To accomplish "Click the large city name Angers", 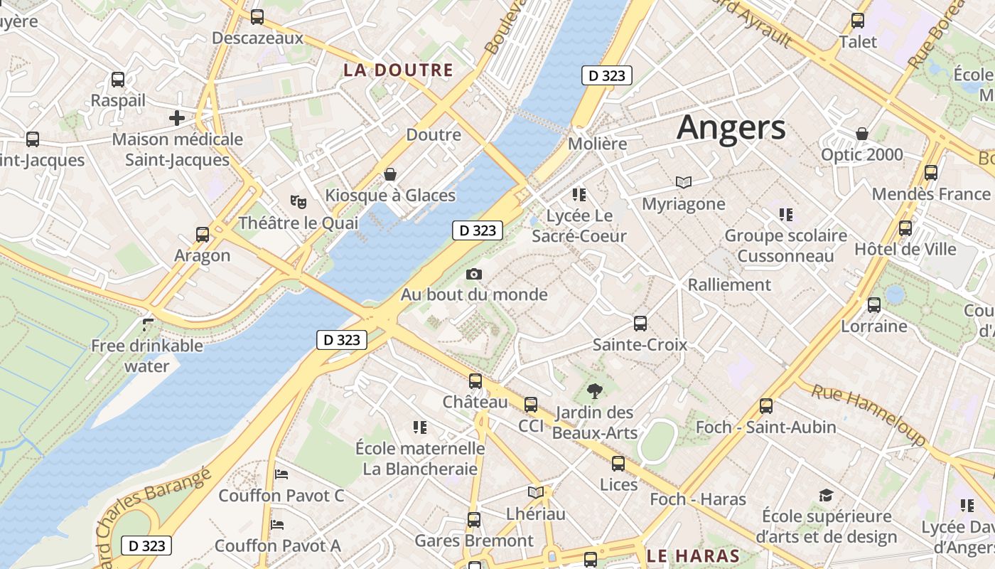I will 731,128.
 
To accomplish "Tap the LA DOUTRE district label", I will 398,70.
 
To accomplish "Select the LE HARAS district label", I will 693,555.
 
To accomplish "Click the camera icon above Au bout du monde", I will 474,274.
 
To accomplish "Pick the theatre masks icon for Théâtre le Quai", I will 298,202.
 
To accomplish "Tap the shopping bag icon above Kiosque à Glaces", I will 389,174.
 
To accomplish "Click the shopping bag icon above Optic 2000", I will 862,134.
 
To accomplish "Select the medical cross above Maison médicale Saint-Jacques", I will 177,117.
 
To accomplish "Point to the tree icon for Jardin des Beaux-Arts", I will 594,390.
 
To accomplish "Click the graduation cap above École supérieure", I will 826,495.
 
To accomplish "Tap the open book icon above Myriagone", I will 684,183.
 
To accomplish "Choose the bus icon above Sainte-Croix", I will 640,324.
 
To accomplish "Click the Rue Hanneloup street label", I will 869,414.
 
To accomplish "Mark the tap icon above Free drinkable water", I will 148,324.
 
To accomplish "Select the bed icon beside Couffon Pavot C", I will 281,474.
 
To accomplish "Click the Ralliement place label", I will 729,284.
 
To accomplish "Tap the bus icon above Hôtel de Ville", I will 905,228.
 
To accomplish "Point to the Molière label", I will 598,144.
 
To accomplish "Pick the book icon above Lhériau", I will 536,492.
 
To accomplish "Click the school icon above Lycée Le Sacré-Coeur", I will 579,194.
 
